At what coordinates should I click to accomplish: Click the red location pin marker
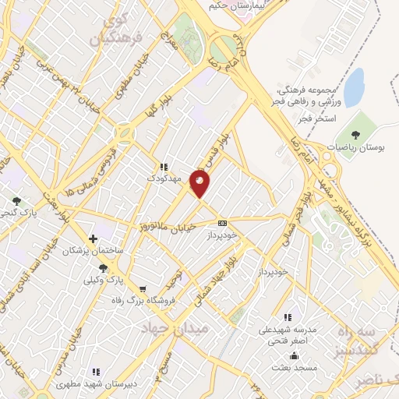(201, 184)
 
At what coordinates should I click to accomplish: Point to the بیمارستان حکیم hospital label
(234, 5)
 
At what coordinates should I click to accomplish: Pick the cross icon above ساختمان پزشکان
(93, 238)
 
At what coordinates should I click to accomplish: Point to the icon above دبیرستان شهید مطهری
(96, 373)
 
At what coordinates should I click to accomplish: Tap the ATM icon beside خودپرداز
(223, 222)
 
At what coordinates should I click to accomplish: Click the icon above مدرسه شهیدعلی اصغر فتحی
(288, 317)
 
